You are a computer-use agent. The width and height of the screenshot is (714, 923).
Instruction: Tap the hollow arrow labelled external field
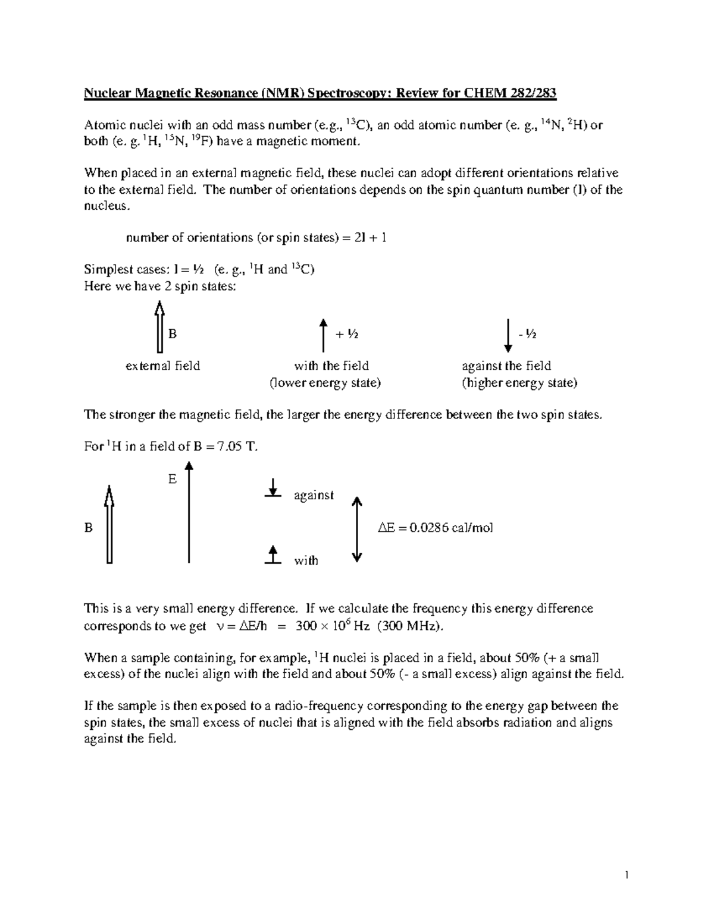click(159, 326)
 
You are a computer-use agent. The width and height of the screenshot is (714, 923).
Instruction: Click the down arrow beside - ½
click(508, 335)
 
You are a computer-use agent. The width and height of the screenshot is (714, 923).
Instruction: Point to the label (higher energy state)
click(519, 383)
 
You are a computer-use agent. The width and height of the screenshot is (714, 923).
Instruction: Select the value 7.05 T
click(237, 447)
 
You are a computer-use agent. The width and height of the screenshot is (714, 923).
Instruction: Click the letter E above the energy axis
click(173, 479)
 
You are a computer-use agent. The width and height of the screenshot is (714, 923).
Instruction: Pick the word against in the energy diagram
click(314, 495)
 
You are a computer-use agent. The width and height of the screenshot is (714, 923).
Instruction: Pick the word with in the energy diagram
click(306, 560)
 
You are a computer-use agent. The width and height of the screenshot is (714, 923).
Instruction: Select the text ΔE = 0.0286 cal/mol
click(436, 528)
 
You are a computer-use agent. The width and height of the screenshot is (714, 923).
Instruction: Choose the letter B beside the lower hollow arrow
click(89, 528)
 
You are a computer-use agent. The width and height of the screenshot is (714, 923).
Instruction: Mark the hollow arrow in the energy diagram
click(109, 523)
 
